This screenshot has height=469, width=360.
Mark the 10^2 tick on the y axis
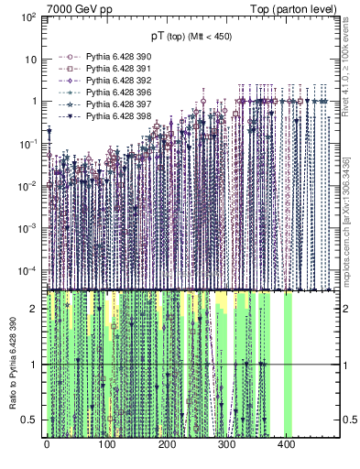pyautogui.click(x=29, y=17)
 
